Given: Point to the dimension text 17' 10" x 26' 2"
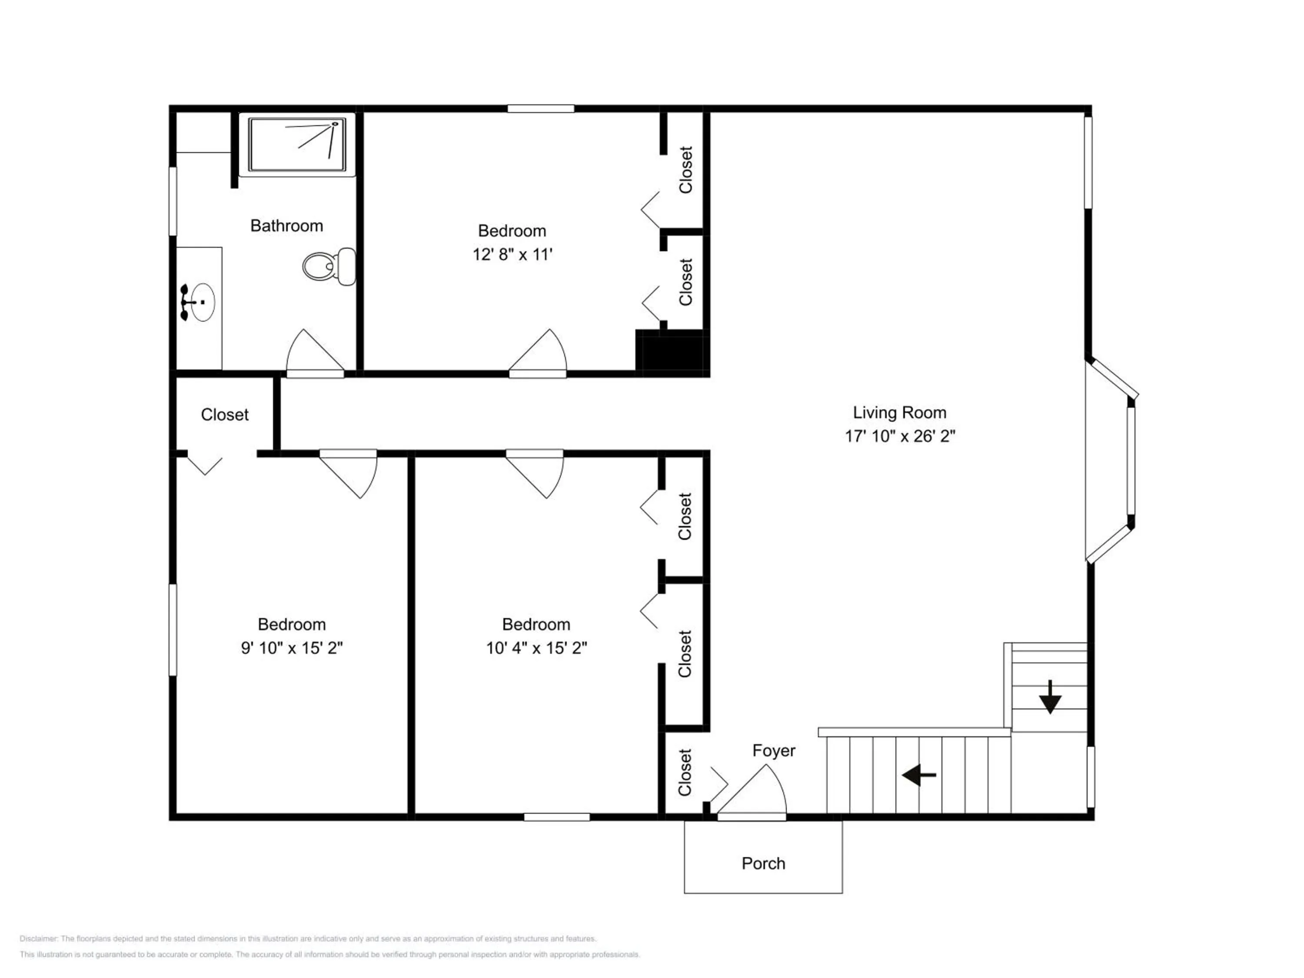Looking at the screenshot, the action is pos(900,436).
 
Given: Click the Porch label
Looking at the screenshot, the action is pos(763,864).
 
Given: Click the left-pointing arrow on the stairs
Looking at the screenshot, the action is pos(918,775).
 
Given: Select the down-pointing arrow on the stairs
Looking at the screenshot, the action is pos(1050,697).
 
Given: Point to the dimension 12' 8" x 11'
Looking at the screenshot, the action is pos(512,255).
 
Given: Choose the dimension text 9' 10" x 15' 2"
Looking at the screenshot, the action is pos(292,648).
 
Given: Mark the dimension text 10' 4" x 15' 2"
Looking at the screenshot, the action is pos(536,648).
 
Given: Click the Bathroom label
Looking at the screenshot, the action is pos(286,226).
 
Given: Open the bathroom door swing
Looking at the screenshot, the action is pos(315,353).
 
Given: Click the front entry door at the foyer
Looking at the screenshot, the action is pos(752,792).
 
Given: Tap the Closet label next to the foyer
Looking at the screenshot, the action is pos(685,772).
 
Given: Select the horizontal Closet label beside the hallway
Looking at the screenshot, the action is pos(225,415).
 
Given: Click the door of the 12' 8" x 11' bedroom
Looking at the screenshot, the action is pos(538,353).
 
